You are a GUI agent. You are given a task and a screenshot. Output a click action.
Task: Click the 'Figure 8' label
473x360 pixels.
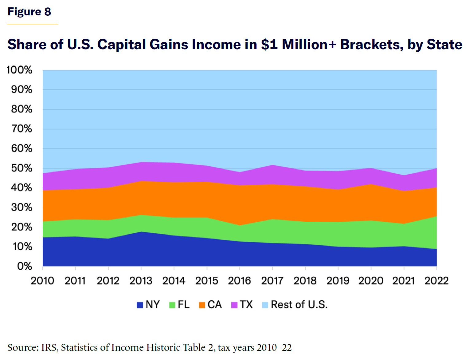click(29, 12)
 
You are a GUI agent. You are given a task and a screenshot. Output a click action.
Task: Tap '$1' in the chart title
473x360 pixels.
click(269, 45)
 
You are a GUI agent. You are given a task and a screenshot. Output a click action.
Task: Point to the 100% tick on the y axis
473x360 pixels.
click(20, 70)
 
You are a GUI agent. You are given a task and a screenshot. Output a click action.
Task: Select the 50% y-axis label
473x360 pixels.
click(21, 168)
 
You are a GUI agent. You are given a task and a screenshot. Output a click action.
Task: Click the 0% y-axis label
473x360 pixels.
click(25, 266)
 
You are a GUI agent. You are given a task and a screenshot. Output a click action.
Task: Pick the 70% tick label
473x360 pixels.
click(21, 129)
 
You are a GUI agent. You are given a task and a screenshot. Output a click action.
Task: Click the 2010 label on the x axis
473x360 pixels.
click(42, 281)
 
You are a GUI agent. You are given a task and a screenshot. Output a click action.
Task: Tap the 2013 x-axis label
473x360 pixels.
click(141, 281)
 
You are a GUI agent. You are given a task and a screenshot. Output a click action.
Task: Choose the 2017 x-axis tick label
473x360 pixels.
click(272, 281)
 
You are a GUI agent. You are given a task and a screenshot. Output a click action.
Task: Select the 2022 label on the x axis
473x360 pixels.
click(436, 281)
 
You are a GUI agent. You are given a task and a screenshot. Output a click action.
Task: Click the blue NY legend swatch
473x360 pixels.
click(140, 305)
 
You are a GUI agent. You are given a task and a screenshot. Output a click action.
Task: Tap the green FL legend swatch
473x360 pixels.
click(172, 305)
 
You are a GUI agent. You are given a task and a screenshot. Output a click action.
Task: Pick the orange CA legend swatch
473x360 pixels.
click(202, 305)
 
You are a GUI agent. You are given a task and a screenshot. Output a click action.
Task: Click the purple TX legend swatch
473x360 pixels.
click(234, 305)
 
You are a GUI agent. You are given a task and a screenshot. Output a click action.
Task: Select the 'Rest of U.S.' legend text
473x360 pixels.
click(299, 305)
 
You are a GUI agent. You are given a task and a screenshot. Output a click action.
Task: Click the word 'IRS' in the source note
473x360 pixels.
click(49, 348)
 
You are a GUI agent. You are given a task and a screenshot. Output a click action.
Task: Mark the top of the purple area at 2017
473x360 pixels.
click(272, 165)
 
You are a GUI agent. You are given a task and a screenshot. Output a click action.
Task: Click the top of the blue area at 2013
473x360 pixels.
click(141, 232)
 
